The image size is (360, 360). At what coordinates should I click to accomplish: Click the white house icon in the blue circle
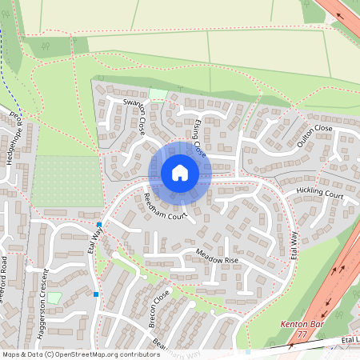[180, 173]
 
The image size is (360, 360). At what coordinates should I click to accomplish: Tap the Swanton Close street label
[134, 114]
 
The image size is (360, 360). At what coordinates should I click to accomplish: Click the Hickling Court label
[319, 194]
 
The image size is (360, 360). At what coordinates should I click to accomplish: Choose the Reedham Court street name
[166, 206]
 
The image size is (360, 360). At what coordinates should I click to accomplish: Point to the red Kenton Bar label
[300, 324]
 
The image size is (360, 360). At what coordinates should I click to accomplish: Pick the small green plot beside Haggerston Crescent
[54, 298]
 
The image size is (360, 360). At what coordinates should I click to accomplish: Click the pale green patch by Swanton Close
[158, 94]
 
